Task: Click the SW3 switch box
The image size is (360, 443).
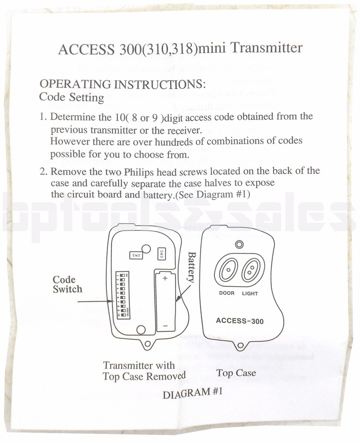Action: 162,254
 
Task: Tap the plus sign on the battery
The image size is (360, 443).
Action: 164,278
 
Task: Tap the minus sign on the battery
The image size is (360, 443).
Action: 164,326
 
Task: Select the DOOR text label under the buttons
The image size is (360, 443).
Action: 227,293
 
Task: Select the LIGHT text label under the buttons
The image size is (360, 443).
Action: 250,293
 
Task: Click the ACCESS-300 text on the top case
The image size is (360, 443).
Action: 239,321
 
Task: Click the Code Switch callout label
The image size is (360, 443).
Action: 67,284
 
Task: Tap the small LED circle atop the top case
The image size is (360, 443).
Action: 239,244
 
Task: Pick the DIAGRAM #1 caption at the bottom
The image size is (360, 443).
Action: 192,392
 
